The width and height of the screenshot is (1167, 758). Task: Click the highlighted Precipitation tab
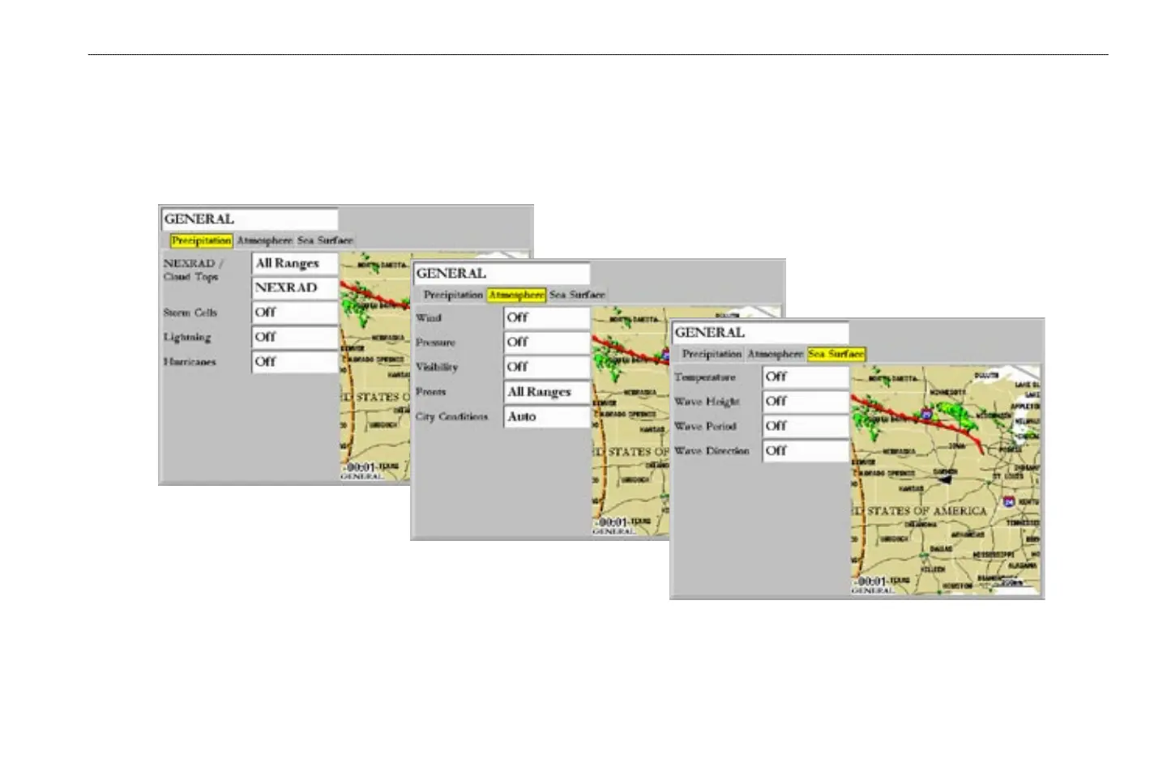201,241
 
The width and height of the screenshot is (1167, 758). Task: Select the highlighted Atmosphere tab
516,295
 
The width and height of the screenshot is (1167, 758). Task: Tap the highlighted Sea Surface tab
836,354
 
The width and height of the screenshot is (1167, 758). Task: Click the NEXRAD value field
294,287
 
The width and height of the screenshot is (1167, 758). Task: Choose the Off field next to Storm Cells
294,313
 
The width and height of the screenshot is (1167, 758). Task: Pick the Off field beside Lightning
294,337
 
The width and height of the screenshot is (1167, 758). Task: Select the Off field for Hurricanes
294,362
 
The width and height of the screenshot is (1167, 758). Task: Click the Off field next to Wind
546,318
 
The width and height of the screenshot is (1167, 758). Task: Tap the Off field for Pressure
546,343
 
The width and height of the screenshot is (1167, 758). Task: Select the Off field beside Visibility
546,367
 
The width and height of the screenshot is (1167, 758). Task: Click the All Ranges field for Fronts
546,392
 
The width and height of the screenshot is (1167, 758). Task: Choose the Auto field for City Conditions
546,416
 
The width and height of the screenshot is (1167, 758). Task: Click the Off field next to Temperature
805,377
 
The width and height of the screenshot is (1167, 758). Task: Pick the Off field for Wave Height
805,402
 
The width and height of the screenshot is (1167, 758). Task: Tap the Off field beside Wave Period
805,426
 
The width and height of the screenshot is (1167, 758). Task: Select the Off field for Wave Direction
805,450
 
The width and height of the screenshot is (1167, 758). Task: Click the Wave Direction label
712,450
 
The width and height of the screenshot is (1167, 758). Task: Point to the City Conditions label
451,416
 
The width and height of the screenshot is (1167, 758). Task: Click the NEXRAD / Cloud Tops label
193,270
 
